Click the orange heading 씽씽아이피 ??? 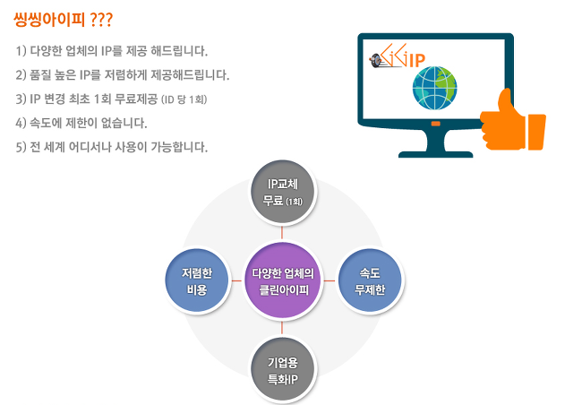(x=63, y=20)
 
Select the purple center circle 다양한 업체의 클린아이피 (x=283, y=281)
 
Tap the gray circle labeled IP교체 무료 (x=283, y=193)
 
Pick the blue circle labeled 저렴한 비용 (x=197, y=281)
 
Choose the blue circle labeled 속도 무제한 (x=370, y=281)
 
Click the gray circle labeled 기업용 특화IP (x=283, y=370)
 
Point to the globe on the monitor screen (x=434, y=89)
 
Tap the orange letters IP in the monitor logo (x=417, y=61)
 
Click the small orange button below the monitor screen (x=436, y=124)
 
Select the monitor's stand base (x=436, y=154)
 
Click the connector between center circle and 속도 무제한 (x=330, y=280)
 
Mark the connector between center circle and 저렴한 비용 (x=236, y=280)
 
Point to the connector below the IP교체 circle (x=282, y=233)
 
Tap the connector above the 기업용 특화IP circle (x=282, y=328)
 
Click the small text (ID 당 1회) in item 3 (x=184, y=99)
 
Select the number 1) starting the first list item (x=21, y=51)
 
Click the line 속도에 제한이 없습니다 (x=89, y=123)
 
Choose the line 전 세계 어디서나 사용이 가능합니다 (x=119, y=147)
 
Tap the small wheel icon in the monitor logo (x=376, y=59)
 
